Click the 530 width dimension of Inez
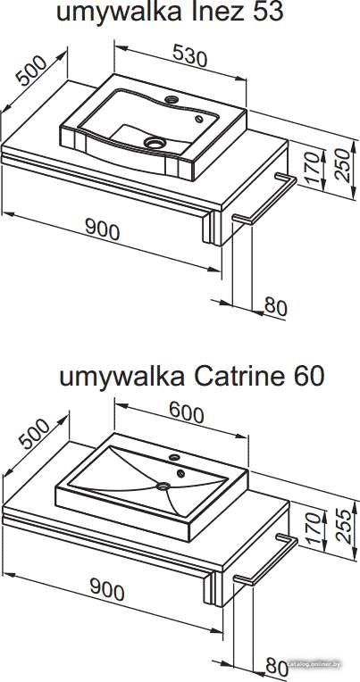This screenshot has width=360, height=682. (189, 55)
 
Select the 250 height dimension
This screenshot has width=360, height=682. (343, 165)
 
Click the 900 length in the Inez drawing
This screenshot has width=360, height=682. (103, 229)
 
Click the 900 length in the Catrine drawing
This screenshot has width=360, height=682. (107, 590)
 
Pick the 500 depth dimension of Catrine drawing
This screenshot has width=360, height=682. (34, 433)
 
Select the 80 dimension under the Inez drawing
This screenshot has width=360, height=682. (276, 307)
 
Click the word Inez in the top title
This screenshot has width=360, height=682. (214, 12)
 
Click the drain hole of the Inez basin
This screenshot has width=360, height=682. (155, 142)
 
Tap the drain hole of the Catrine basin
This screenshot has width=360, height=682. (163, 487)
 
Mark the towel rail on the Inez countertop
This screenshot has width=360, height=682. (264, 198)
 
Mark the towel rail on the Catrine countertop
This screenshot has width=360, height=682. (265, 559)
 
